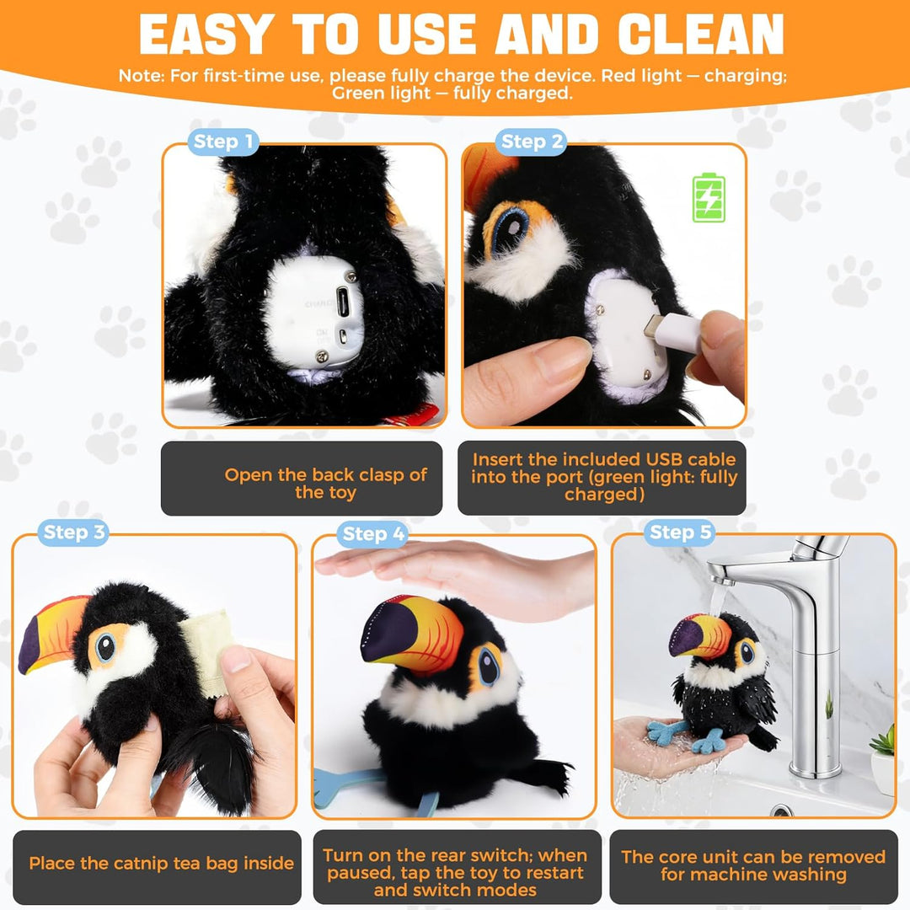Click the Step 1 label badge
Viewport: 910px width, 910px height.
222,142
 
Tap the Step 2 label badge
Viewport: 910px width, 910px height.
531,142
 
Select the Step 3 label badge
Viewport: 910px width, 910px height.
73,533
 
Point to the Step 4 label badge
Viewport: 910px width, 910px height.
372,534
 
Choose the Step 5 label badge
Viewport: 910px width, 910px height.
680,533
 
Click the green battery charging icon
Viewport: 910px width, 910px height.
709,197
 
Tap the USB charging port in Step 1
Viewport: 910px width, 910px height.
343,301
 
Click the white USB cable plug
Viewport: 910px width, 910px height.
672,332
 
